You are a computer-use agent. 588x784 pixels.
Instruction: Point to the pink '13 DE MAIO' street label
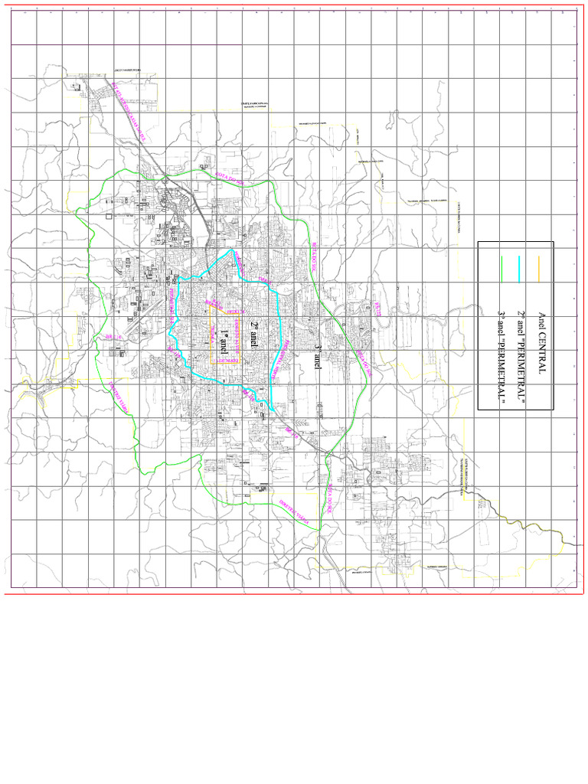click(x=227, y=361)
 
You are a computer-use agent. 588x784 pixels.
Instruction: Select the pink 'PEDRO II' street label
click(x=234, y=312)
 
